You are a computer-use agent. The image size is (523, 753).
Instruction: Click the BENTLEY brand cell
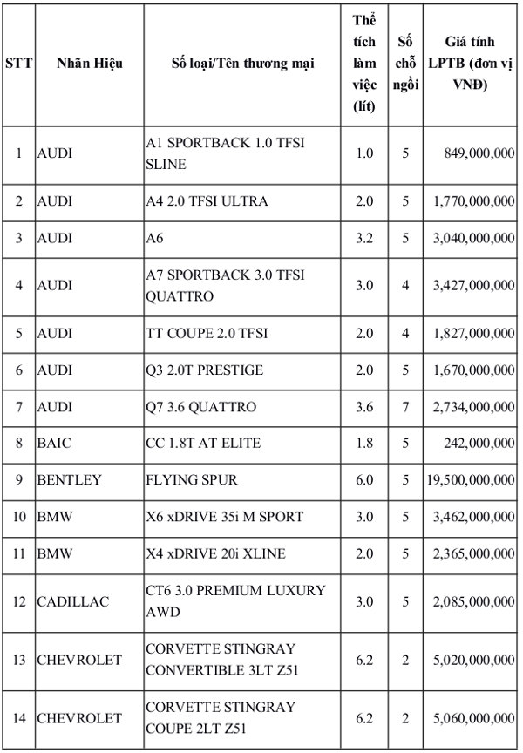coord(69,480)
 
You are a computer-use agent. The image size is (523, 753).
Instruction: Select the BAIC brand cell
coord(54,444)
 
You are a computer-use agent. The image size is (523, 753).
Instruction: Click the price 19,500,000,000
coord(471,480)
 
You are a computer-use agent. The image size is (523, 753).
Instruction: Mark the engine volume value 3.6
coord(364,407)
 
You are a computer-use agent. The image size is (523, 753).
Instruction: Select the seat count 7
coord(404,407)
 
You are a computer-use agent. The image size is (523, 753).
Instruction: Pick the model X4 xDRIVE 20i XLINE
coord(216,553)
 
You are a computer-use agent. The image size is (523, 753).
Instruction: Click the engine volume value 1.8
coord(364,444)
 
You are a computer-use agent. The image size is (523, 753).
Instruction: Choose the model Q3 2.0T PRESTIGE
coord(204,370)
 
